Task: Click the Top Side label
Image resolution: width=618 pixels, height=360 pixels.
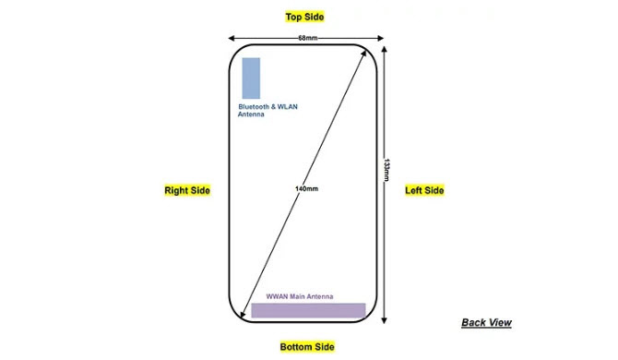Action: click(x=305, y=17)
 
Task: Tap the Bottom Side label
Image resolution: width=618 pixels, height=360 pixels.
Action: click(x=307, y=346)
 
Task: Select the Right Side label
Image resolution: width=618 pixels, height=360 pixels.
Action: click(x=187, y=190)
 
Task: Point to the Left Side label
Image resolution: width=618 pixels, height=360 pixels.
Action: click(x=425, y=190)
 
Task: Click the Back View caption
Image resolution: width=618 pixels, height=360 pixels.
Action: click(x=486, y=322)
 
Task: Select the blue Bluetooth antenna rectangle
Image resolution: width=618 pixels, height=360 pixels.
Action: click(x=250, y=78)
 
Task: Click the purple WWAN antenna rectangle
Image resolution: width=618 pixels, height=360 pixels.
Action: click(x=308, y=310)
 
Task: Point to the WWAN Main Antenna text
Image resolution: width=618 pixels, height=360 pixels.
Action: click(x=300, y=296)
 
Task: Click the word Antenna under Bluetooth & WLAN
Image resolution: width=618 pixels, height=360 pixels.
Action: click(x=252, y=115)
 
